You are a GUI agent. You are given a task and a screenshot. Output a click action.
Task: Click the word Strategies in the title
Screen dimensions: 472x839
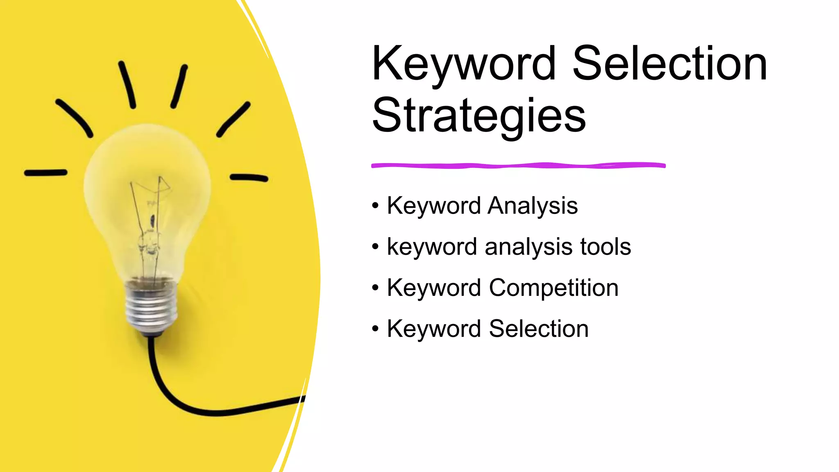click(x=478, y=116)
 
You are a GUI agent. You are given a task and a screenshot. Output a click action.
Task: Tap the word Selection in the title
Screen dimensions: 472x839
click(x=669, y=64)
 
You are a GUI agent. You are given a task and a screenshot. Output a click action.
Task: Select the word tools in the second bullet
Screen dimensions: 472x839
click(x=605, y=247)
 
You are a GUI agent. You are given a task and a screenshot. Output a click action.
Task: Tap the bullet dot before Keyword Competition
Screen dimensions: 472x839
click(x=375, y=288)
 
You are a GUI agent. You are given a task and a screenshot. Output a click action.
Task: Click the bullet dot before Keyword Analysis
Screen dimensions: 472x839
click(x=375, y=206)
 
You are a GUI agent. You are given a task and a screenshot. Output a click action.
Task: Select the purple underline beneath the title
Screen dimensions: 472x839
click(x=518, y=166)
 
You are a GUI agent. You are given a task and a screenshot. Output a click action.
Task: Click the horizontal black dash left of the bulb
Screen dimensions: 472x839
click(x=45, y=173)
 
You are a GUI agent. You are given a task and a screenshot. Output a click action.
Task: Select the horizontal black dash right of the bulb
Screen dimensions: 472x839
click(x=249, y=178)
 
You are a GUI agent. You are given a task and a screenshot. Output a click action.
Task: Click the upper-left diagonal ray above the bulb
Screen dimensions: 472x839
click(x=74, y=118)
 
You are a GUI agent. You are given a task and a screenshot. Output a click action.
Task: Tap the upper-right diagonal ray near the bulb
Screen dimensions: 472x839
click(x=233, y=119)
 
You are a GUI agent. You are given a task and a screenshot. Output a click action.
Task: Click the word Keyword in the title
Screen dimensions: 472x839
click(x=464, y=64)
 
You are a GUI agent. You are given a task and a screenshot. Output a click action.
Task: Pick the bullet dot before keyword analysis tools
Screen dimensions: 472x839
click(x=375, y=247)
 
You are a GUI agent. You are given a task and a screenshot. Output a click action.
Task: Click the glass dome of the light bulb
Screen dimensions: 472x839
click(x=147, y=172)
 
